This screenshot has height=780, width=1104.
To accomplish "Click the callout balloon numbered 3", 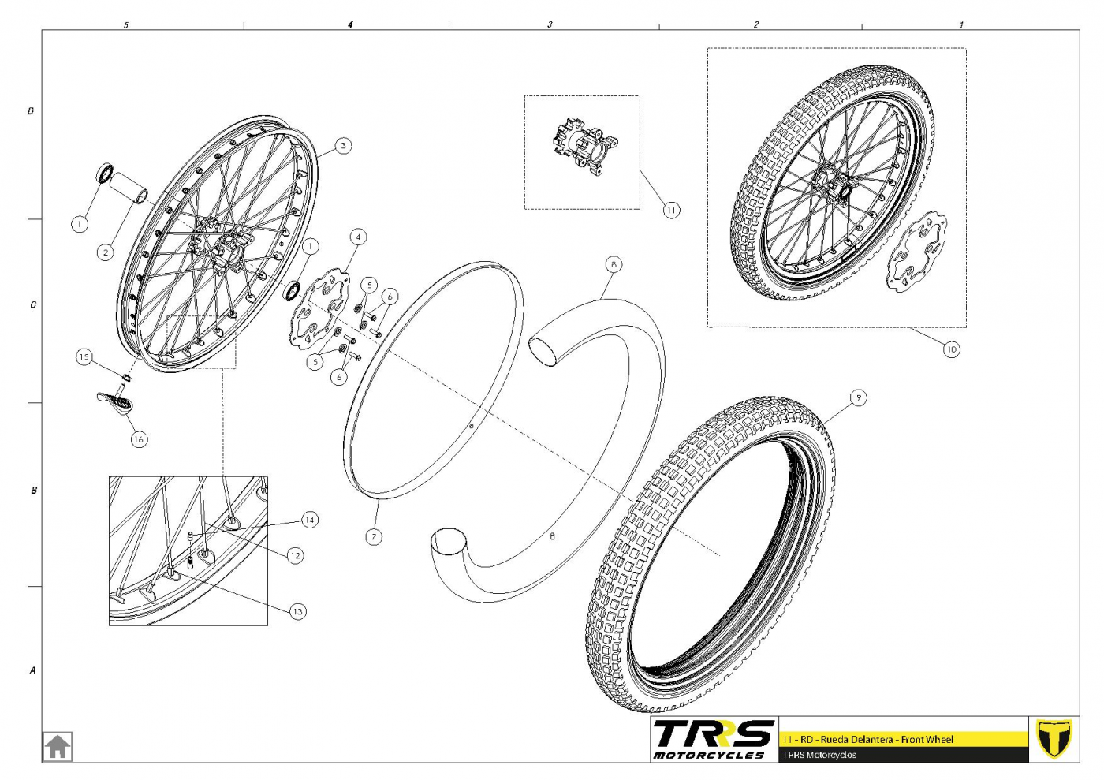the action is (343, 146).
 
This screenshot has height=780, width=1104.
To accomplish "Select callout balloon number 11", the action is (671, 211).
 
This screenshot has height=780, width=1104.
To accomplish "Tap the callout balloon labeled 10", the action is (951, 349).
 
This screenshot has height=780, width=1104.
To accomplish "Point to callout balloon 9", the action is (858, 398).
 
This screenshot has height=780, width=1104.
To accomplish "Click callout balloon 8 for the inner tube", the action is (614, 265).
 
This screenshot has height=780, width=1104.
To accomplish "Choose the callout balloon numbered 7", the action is (374, 537).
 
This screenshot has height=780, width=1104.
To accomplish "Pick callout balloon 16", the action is (139, 439).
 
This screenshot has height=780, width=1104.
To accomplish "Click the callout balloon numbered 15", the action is (84, 357).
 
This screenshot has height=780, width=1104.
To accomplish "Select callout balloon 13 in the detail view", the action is (298, 612).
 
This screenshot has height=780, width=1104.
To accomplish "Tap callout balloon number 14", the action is (309, 521).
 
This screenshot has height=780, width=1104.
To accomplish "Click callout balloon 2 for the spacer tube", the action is (106, 253).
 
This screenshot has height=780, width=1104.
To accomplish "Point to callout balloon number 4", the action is (358, 237).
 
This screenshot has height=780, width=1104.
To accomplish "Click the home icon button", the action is (58, 746).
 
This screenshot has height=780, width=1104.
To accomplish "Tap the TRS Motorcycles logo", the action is (714, 739).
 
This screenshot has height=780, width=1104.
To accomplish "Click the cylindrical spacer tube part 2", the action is (129, 188).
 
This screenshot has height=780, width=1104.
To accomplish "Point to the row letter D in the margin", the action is (31, 111).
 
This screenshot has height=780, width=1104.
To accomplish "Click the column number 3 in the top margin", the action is (550, 24).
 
